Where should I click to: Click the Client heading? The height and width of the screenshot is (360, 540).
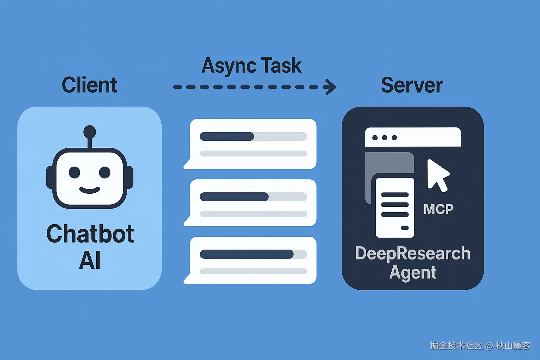pyautogui.click(x=89, y=85)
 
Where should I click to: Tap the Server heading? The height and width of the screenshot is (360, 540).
pyautogui.click(x=412, y=85)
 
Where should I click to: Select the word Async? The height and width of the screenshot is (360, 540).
pyautogui.click(x=229, y=66)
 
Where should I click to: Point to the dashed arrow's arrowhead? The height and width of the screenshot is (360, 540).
pyautogui.click(x=330, y=87)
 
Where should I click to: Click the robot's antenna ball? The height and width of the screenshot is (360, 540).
pyautogui.click(x=90, y=131)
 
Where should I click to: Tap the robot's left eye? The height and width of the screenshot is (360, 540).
pyautogui.click(x=75, y=172)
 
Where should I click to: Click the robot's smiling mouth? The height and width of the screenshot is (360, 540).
pyautogui.click(x=90, y=190)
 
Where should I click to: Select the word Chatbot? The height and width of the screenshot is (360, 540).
pyautogui.click(x=90, y=234)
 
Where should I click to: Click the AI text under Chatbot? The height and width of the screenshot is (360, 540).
pyautogui.click(x=90, y=261)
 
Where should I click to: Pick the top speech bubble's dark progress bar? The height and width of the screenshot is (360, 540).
pyautogui.click(x=227, y=136)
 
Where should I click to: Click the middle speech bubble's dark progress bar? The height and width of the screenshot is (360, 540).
pyautogui.click(x=234, y=197)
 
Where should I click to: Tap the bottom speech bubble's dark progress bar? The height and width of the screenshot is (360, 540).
pyautogui.click(x=246, y=254)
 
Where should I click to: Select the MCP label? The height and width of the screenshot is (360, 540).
pyautogui.click(x=438, y=209)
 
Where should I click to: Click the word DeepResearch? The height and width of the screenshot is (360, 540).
pyautogui.click(x=413, y=253)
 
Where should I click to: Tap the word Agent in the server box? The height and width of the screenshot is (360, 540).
pyautogui.click(x=413, y=272)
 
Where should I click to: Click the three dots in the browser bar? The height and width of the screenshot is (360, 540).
pyautogui.click(x=385, y=137)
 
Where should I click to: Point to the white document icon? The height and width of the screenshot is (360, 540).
pyautogui.click(x=395, y=207)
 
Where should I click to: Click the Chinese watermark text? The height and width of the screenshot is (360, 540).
pyautogui.click(x=480, y=346)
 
